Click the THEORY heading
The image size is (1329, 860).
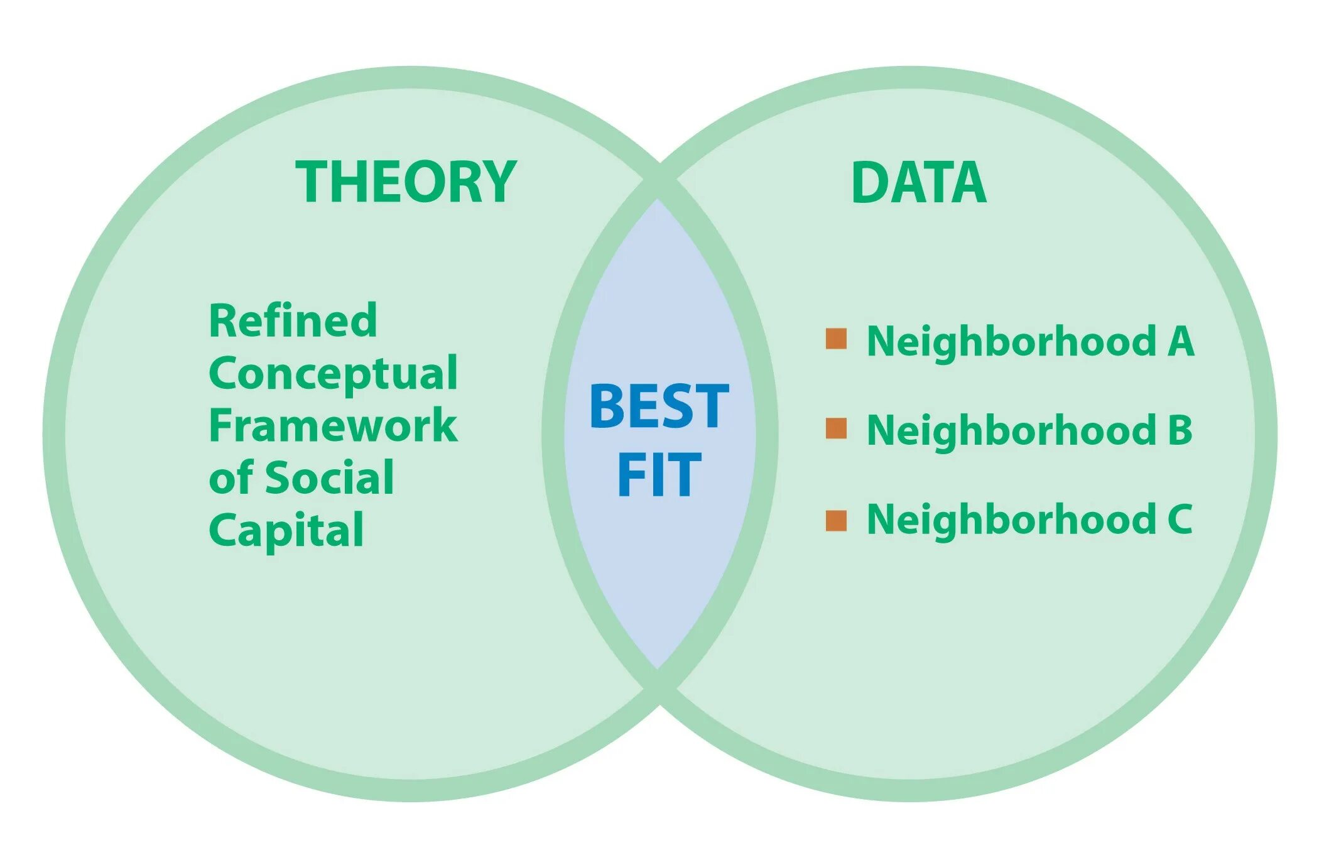pos(406,182)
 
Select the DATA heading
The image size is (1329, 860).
pos(918,182)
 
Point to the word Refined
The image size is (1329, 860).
pos(293,320)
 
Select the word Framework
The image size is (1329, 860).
pos(333,426)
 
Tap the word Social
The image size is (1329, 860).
pos(330,478)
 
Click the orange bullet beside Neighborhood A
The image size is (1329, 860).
pos(836,339)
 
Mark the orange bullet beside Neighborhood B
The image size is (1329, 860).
pos(836,428)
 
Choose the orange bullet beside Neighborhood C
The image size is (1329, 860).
pos(836,520)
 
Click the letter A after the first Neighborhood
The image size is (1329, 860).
pos(1181,341)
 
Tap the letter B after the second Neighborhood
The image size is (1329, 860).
pos(1180,430)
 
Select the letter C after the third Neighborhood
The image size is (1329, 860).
pos(1180,520)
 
